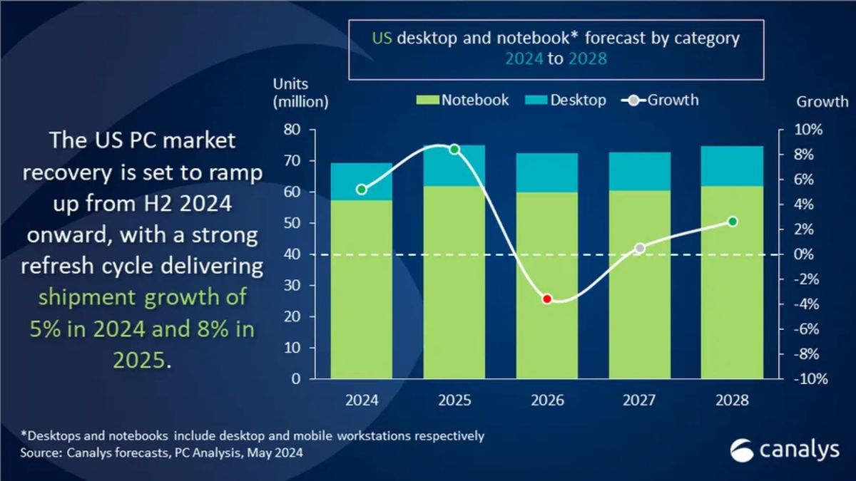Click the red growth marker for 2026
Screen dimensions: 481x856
[547, 299]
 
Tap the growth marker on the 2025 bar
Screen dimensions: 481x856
[454, 149]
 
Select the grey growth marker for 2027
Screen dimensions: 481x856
[640, 248]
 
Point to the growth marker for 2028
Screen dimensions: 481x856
[733, 222]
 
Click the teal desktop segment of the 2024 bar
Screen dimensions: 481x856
[362, 182]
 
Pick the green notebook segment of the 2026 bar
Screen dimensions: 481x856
[547, 285]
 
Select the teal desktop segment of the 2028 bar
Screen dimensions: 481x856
[733, 166]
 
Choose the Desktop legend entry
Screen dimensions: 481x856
[566, 100]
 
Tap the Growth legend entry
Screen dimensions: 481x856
[661, 100]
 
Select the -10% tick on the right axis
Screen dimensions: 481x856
[810, 379]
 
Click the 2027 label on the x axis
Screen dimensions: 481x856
[640, 400]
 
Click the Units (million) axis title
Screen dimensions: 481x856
[300, 93]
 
